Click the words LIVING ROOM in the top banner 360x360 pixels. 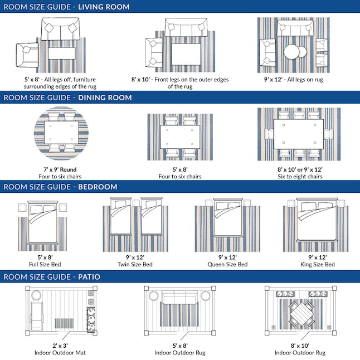tap(104, 7)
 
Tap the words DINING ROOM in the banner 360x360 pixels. tap(105, 98)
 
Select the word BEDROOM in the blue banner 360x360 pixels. tap(98, 187)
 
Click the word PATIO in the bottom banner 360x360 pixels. tap(89, 276)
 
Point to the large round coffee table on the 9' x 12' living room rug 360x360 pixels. tap(292, 51)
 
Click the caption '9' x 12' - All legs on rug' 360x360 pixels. tap(294, 80)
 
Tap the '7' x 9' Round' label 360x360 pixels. tap(60, 169)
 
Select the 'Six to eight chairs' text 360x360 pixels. tap(300, 176)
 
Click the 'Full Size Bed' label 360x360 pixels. tap(45, 264)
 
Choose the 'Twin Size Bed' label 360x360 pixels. tap(135, 264)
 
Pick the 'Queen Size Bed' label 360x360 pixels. tap(227, 264)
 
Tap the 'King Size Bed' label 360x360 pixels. tap(318, 264)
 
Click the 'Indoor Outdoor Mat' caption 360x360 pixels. tap(60, 352)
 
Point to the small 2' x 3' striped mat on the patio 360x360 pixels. tap(64, 323)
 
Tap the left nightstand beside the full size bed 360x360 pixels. tap(22, 207)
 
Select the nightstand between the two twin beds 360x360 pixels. tap(136, 203)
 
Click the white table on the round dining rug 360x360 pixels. tap(61, 133)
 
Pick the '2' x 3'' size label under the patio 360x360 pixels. tap(60, 346)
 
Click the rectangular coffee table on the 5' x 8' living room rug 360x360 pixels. tap(62, 53)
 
